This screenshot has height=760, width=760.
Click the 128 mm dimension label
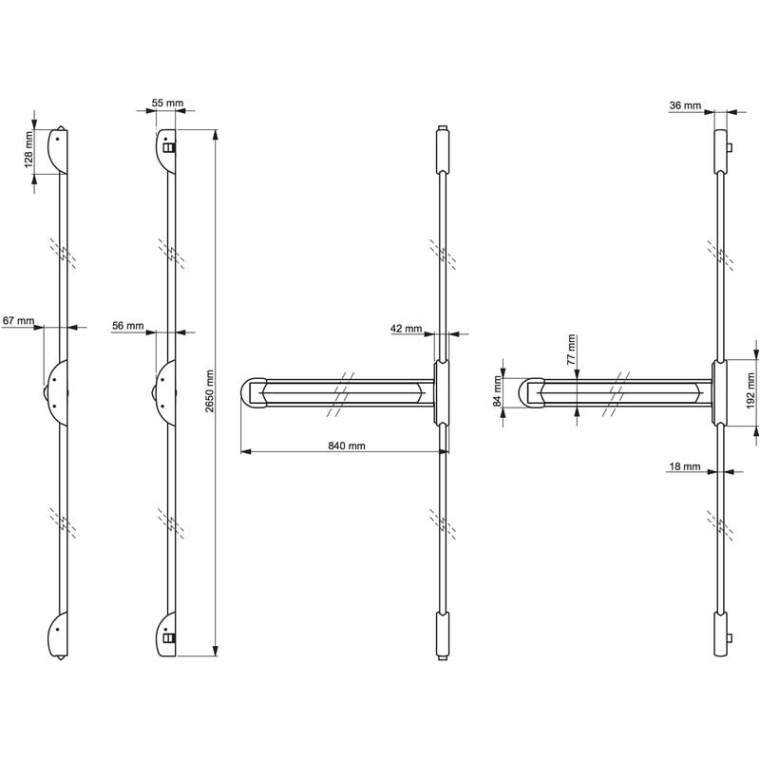(28, 149)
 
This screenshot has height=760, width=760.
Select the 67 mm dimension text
(18, 321)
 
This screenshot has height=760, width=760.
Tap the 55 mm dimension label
(168, 103)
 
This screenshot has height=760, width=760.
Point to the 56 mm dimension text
(128, 326)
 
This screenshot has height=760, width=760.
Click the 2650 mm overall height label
(209, 391)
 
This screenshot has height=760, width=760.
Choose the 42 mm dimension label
(407, 329)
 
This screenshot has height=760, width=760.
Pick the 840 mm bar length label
(347, 446)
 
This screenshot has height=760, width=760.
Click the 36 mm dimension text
(685, 105)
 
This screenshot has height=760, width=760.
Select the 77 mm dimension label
(572, 350)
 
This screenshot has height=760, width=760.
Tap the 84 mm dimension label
(497, 391)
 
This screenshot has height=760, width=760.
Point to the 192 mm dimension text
(751, 390)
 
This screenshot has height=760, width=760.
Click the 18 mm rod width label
(685, 466)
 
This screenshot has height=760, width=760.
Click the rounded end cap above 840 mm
(253, 392)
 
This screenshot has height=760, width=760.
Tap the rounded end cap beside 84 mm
(531, 392)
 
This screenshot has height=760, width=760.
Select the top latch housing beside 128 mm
(58, 150)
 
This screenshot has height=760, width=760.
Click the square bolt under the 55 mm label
(169, 147)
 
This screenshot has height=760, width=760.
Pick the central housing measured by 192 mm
(719, 392)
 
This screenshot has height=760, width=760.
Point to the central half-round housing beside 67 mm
(55, 392)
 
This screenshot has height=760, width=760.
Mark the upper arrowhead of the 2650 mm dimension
(216, 134)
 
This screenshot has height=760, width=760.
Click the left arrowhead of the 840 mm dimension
(246, 452)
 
